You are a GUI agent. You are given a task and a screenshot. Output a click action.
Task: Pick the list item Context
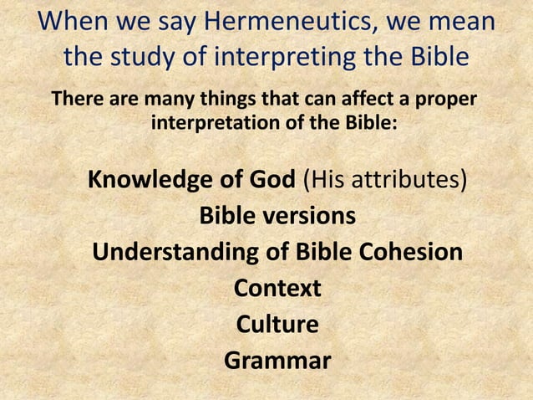point(277,288)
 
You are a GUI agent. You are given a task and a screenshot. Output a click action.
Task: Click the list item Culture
point(277,324)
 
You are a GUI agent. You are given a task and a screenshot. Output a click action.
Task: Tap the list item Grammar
point(277,361)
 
